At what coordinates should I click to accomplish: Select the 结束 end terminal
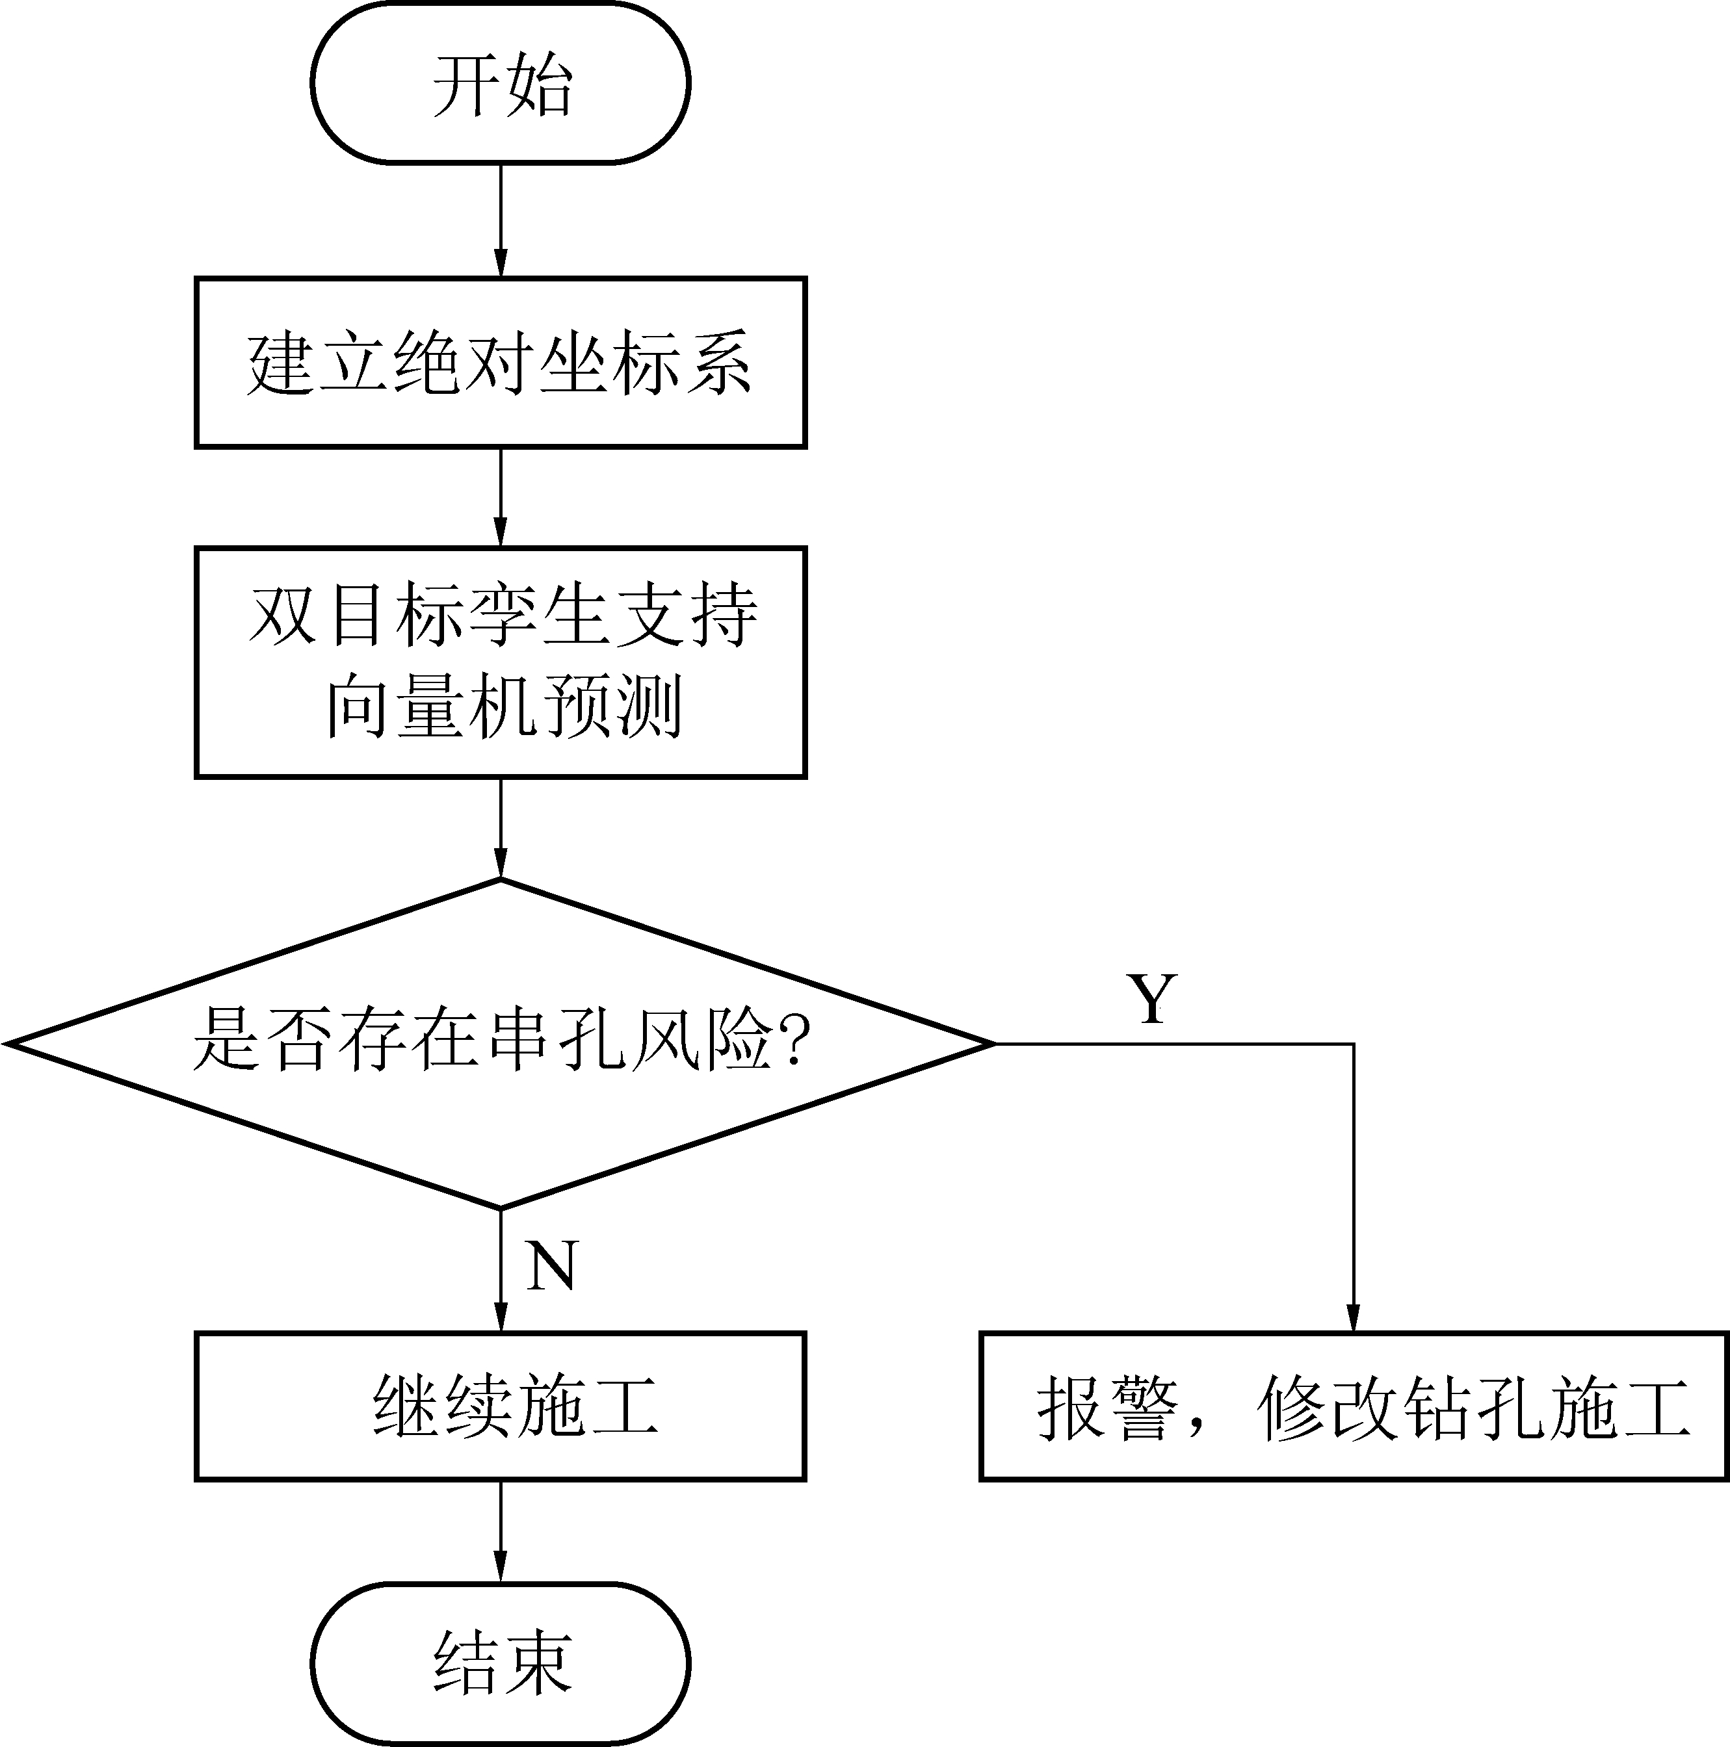point(500,1662)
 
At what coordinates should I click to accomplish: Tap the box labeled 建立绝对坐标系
point(500,362)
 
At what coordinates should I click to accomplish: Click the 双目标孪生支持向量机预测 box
point(500,661)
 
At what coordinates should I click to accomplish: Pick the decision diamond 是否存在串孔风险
point(500,1042)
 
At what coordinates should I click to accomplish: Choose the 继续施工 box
point(500,1405)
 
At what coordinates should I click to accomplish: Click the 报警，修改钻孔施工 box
point(1354,1405)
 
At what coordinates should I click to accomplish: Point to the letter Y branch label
point(1151,999)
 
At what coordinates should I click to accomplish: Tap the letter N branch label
point(551,1265)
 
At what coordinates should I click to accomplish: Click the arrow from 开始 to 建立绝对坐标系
point(500,220)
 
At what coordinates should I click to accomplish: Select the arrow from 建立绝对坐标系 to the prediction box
point(500,497)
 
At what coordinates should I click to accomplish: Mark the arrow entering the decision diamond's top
point(500,827)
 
